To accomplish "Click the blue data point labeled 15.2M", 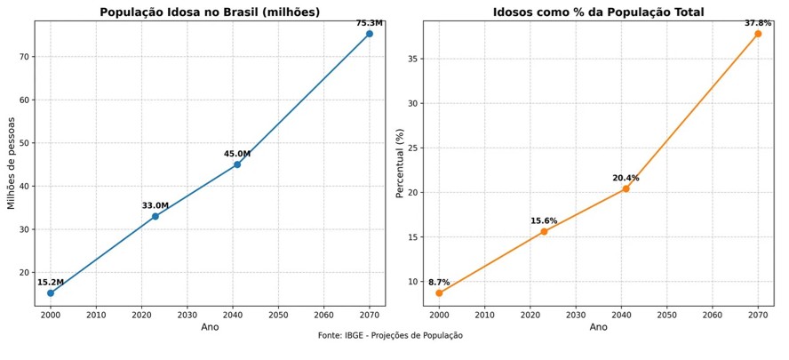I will (51, 292).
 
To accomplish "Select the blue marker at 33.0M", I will (155, 216).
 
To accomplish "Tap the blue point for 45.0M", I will (237, 164).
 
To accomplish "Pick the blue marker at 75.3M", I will (370, 34).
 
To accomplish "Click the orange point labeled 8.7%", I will (439, 292).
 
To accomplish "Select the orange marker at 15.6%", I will (544, 231).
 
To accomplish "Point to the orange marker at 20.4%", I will (626, 188).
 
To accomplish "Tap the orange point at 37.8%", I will (758, 34).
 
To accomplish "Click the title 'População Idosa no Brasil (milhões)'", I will (210, 12).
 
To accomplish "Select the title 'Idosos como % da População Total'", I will (598, 12).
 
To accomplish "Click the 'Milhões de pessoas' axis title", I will (12, 164).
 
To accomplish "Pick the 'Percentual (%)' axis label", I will (400, 164).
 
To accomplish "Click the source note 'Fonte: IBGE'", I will (390, 336).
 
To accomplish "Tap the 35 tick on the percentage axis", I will (411, 59).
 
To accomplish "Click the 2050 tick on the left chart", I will (278, 315).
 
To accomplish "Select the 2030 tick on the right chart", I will (576, 315).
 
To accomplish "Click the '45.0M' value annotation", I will (237, 154).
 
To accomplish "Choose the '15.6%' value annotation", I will (544, 220).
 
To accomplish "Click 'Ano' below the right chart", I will (598, 327).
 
